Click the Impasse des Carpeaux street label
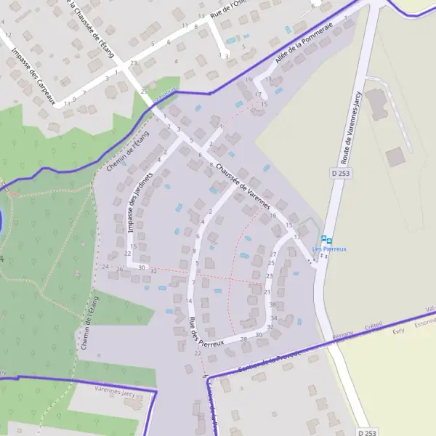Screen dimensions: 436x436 pos(33,76)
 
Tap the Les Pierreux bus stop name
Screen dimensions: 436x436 pos(329,249)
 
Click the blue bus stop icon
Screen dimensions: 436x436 pos(326,239)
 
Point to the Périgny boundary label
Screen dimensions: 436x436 pos(343,333)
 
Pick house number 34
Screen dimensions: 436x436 pos(273,318)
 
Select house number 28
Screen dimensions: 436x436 pos(243,339)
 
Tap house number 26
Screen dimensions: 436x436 pos(119,269)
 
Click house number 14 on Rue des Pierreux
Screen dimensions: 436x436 pos(188,300)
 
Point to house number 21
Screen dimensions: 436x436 pos(267,291)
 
